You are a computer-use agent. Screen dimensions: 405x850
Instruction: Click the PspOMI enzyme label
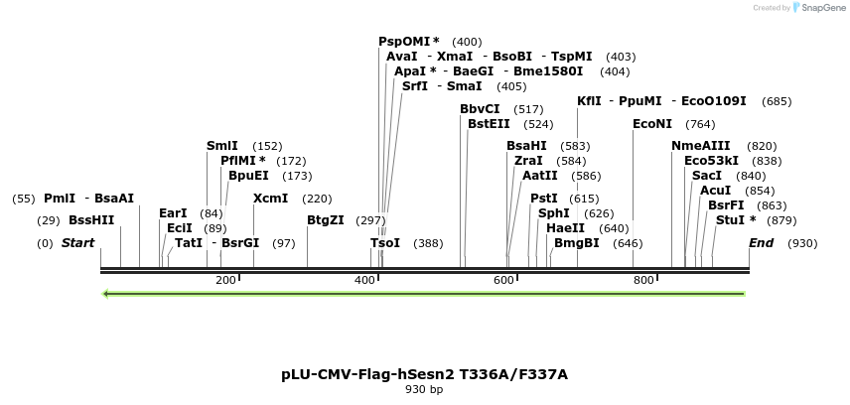point(404,42)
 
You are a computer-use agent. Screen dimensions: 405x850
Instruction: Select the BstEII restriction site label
point(489,124)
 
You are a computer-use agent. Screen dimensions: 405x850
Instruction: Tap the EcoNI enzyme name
point(652,124)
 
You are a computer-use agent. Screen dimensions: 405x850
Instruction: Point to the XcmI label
point(271,199)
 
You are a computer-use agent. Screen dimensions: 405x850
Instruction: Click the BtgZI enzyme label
point(326,220)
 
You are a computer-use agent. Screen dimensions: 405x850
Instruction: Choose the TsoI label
point(385,243)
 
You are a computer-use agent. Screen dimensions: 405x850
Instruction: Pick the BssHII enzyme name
point(91,220)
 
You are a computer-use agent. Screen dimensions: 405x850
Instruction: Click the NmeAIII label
point(701,146)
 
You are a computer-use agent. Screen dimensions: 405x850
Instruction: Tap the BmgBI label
point(577,243)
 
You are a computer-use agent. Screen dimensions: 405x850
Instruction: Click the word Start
point(79,243)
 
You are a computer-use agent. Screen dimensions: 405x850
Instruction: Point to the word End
point(762,243)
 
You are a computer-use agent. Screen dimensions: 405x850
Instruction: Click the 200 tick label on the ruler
point(225,280)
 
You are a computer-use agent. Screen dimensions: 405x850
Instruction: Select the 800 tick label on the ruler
point(642,280)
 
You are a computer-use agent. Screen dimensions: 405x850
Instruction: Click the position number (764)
point(700,124)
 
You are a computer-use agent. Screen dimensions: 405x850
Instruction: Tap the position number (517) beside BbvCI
point(528,109)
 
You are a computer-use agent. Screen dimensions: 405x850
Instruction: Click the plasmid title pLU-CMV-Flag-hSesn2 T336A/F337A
point(424,374)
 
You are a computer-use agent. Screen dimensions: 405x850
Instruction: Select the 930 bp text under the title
point(424,389)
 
